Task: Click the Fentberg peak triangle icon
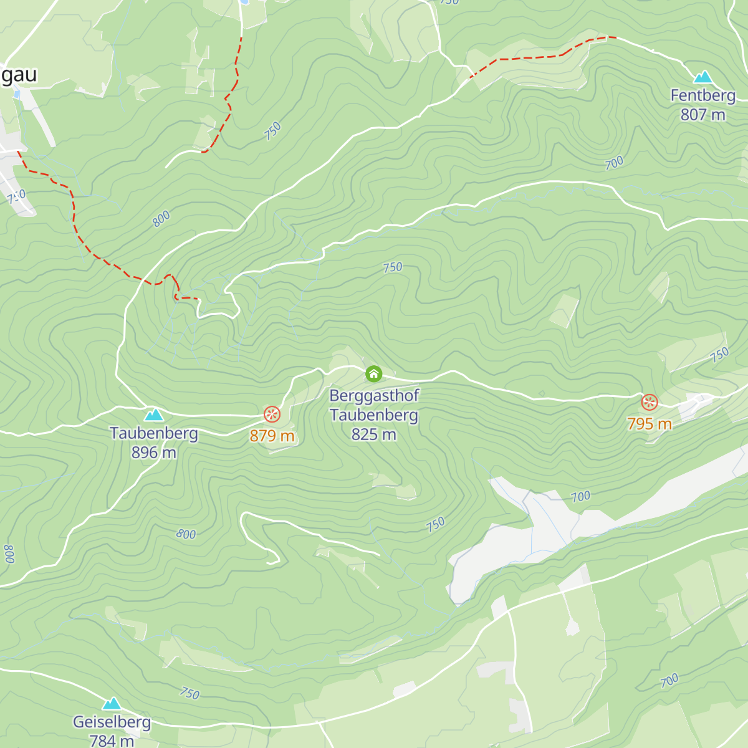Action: [703, 77]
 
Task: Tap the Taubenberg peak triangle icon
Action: [154, 415]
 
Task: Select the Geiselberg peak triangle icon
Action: [112, 704]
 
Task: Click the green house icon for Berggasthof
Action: [373, 374]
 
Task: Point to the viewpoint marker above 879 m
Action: [272, 415]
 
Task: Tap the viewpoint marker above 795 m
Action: [650, 403]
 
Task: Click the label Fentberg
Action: [702, 95]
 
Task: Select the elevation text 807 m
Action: [702, 115]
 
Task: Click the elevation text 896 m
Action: [153, 453]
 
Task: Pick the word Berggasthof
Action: [374, 395]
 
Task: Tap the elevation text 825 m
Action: [373, 434]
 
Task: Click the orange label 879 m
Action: [272, 435]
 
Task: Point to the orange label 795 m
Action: [649, 424]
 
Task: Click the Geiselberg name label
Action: [112, 722]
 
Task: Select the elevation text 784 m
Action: [112, 741]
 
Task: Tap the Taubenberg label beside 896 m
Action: [153, 433]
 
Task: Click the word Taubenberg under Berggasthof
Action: [373, 415]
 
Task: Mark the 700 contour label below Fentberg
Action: [614, 163]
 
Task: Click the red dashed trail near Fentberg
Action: [530, 58]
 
